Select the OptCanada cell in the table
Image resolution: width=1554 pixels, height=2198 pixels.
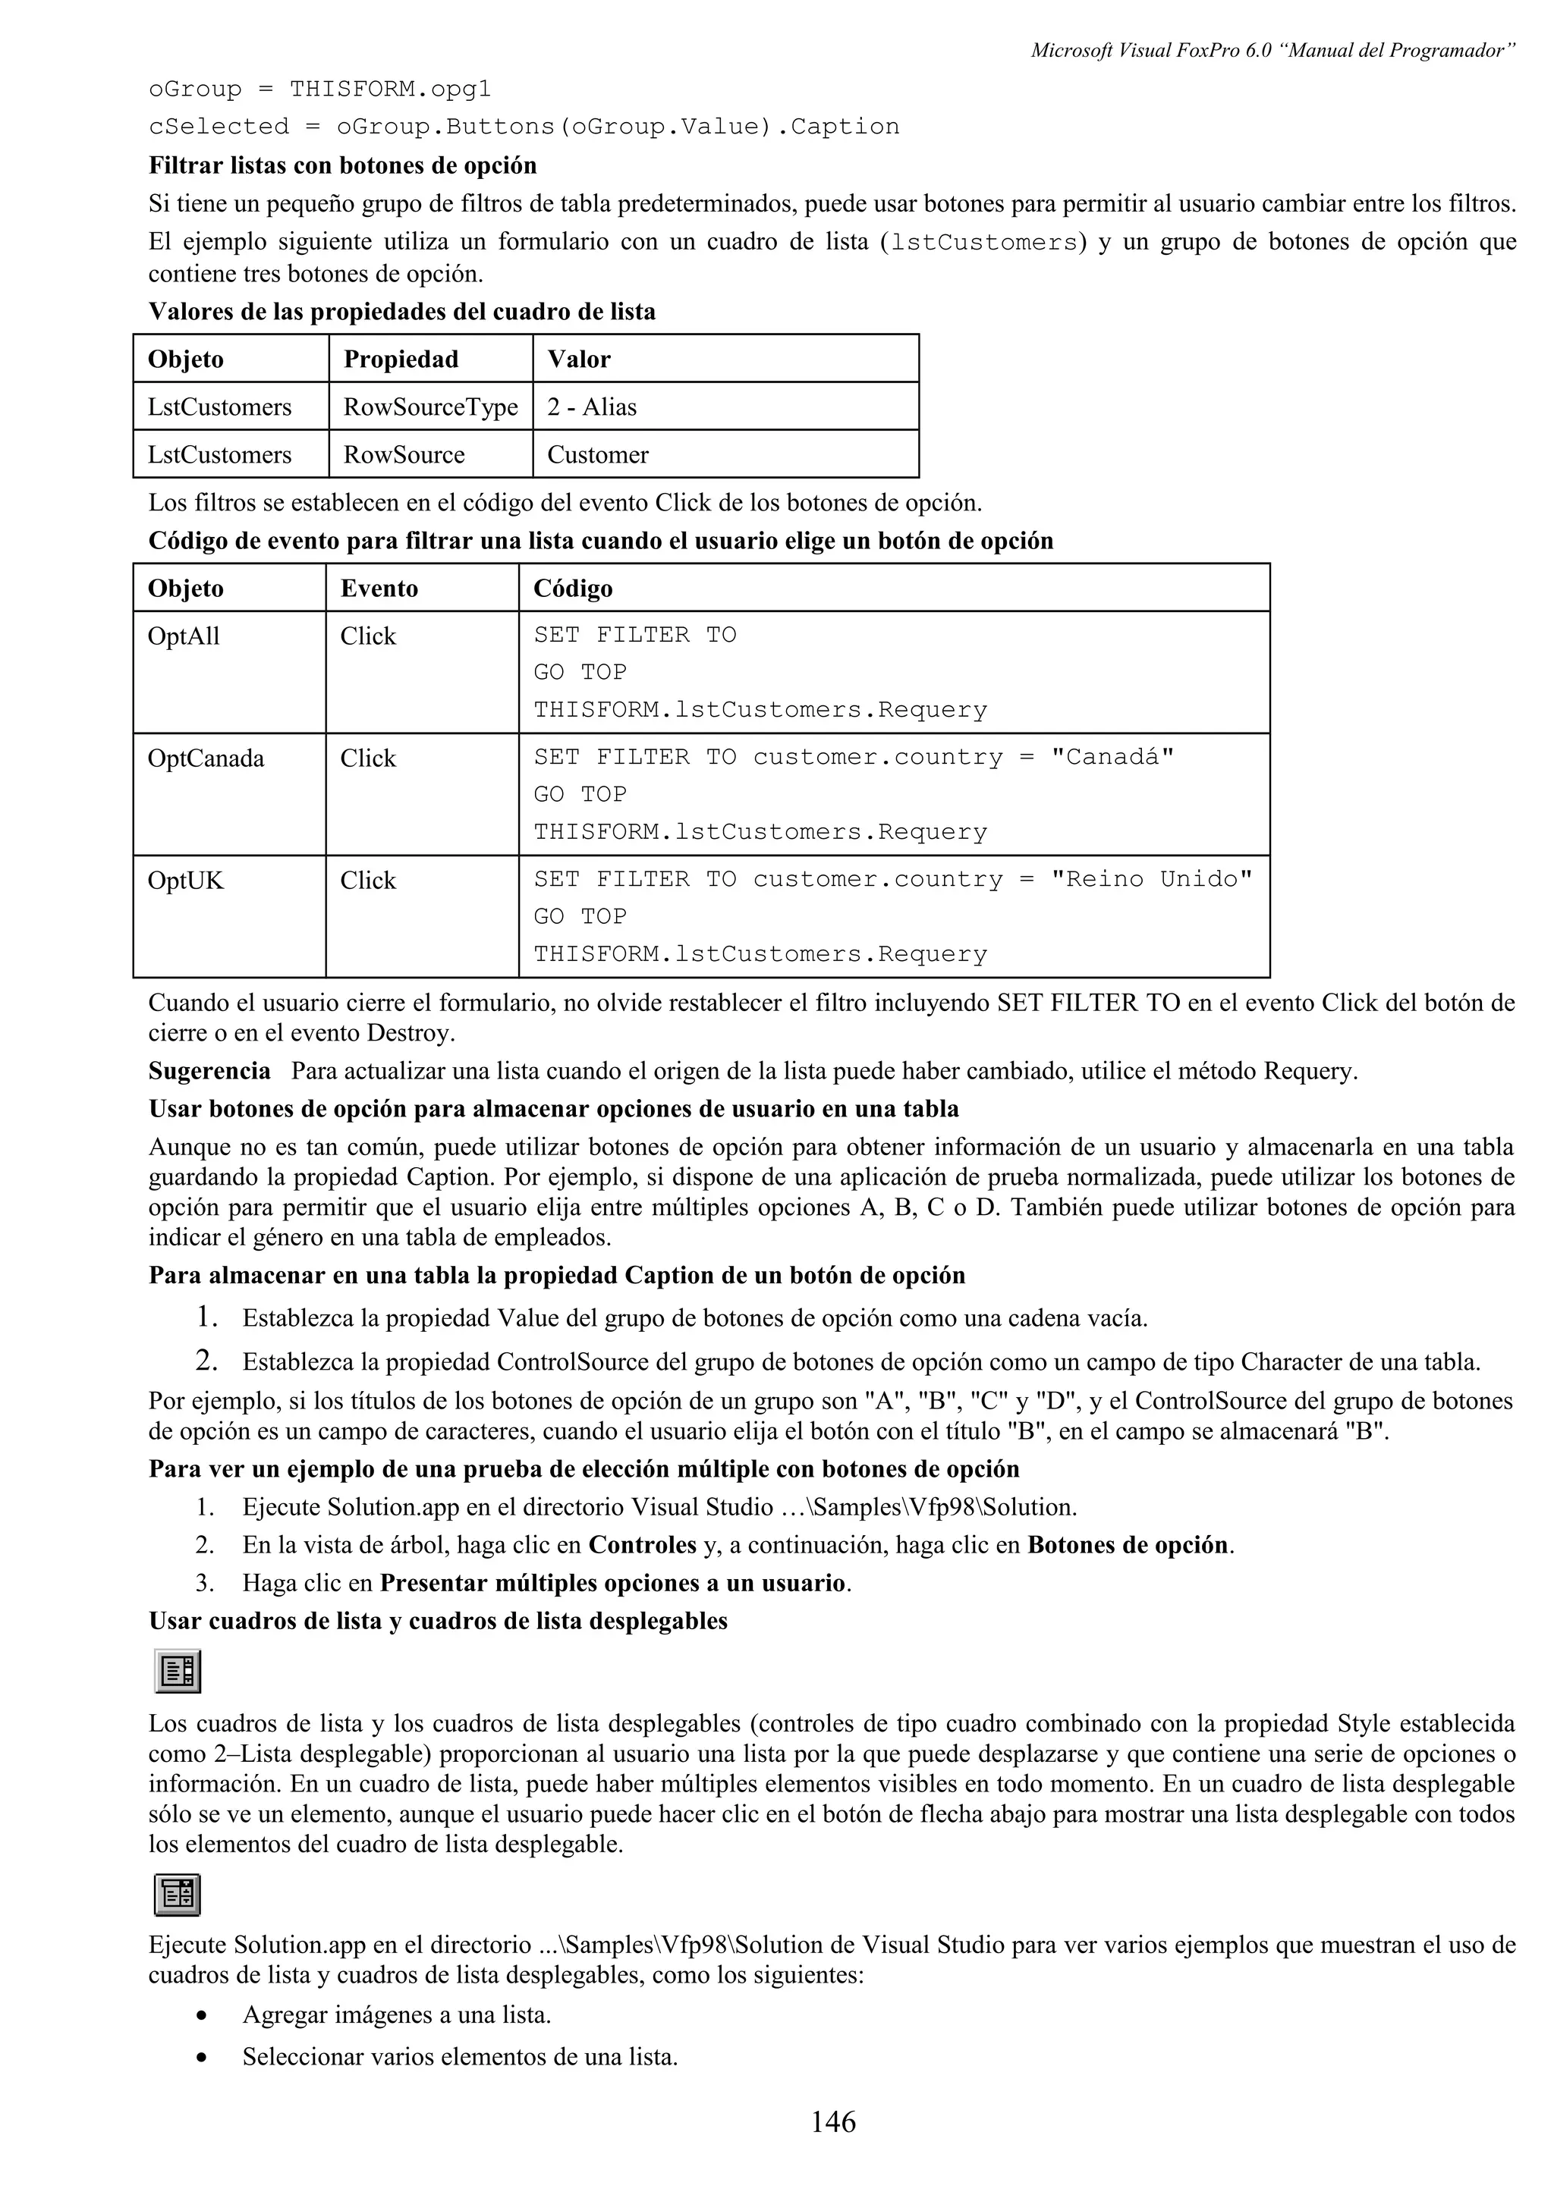[206, 758]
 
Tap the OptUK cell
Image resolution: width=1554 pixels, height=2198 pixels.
[186, 881]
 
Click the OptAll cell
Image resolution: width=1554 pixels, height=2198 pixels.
[184, 636]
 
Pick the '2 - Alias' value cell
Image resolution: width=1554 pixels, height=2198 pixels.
[592, 407]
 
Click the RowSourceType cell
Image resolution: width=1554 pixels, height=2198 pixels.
[430, 407]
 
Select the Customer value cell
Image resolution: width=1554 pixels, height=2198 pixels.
[597, 455]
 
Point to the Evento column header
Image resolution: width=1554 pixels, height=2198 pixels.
[379, 588]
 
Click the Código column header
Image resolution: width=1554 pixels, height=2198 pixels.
[573, 588]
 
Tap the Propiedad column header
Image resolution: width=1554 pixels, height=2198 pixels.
[401, 359]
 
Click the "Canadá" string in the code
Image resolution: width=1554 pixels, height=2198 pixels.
[1112, 757]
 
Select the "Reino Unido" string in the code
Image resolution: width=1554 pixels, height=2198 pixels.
[1151, 880]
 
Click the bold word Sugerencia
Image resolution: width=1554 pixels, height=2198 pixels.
[209, 1070]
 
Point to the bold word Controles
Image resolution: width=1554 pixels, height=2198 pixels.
[641, 1545]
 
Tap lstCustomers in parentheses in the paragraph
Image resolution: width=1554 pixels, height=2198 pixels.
[983, 242]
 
